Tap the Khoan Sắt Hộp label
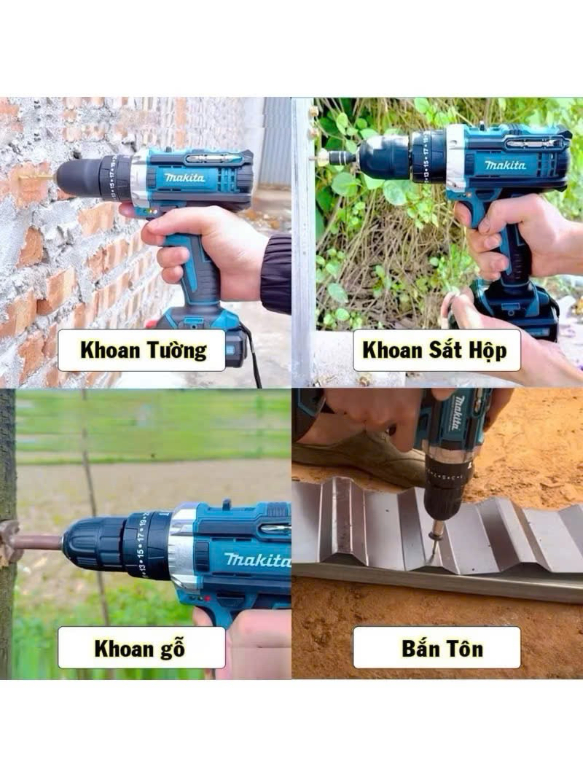tap(437, 350)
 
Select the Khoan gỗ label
tap(141, 648)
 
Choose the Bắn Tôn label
tap(437, 648)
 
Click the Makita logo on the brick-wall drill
tap(184, 177)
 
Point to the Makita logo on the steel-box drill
tap(505, 165)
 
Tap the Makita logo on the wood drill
tap(257, 560)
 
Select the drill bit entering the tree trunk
tap(37, 541)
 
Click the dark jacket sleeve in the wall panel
tap(276, 273)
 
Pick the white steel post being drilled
tap(303, 238)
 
